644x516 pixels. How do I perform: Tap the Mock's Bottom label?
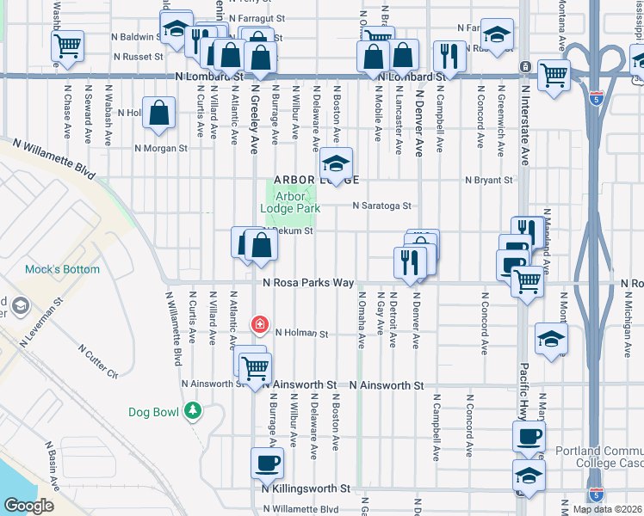(x=62, y=269)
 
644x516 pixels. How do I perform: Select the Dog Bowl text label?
(x=153, y=412)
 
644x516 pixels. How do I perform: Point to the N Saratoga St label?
(x=383, y=206)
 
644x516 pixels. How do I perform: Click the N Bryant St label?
(x=489, y=181)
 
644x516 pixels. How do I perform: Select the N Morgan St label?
(x=161, y=148)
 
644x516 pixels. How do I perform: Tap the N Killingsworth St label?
(x=306, y=488)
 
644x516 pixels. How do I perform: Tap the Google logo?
(x=28, y=506)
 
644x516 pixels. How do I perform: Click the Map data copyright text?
(x=607, y=509)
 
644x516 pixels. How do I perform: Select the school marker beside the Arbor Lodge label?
(x=337, y=163)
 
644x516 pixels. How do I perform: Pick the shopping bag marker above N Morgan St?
(x=159, y=113)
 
